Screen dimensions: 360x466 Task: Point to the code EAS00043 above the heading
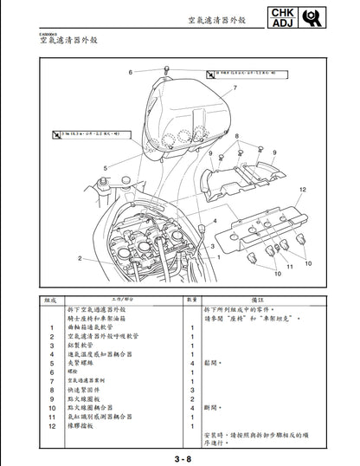tap(48, 34)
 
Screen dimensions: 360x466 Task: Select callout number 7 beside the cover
tap(234, 89)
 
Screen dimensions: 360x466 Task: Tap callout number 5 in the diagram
tap(106, 168)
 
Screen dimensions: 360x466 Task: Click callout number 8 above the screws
tap(236, 136)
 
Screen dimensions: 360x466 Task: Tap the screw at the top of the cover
tap(164, 68)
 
